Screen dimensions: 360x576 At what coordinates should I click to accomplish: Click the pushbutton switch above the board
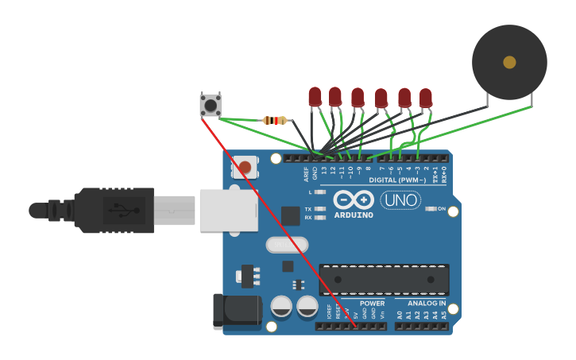(211, 104)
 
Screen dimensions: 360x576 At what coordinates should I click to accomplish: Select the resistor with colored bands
(275, 121)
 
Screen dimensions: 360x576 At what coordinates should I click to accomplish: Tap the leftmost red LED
(315, 97)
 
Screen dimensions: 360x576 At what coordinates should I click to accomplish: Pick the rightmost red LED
(426, 98)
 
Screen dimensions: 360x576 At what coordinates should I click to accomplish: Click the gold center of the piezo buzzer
(509, 62)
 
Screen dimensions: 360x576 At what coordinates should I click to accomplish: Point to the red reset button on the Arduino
(245, 167)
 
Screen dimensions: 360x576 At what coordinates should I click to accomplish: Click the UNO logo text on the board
(400, 200)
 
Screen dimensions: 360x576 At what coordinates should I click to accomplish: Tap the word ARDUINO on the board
(354, 215)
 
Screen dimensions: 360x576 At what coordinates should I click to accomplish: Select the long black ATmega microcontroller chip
(384, 279)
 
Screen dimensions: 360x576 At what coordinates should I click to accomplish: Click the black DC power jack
(236, 311)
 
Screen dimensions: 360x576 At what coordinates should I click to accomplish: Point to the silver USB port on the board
(227, 210)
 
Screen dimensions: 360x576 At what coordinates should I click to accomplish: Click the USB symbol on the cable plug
(119, 211)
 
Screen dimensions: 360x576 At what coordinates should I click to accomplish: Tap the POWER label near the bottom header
(372, 304)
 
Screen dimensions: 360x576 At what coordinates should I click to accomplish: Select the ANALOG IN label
(427, 304)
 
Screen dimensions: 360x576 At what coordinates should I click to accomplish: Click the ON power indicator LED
(431, 208)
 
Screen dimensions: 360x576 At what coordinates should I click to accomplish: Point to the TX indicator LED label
(308, 208)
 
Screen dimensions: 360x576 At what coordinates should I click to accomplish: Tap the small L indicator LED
(320, 192)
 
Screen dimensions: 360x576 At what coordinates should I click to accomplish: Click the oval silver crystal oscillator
(287, 245)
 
